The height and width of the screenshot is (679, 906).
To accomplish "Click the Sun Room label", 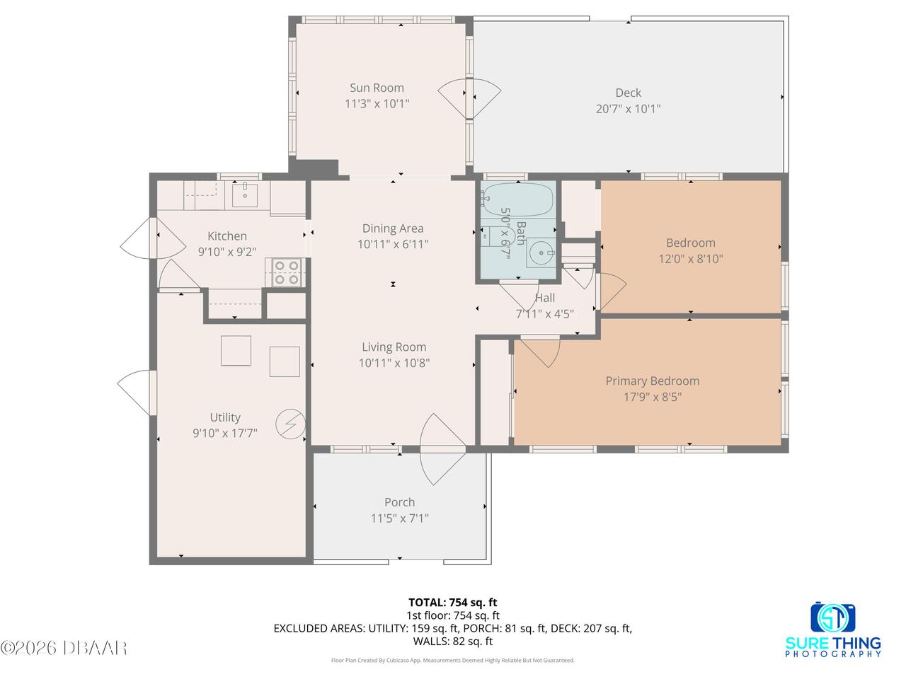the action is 377,88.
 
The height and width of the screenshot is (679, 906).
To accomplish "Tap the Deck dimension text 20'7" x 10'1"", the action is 628,109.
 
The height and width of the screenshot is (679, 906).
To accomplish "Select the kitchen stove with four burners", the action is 287,272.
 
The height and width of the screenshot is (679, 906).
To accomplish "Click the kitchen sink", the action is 244,195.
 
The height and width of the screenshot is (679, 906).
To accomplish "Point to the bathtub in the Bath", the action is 517,199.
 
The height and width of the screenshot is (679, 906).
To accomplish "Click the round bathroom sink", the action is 541,253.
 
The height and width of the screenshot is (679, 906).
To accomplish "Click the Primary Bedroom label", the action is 652,381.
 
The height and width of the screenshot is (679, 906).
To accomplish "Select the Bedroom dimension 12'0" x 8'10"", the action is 691,259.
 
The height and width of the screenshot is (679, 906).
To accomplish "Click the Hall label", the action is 545,298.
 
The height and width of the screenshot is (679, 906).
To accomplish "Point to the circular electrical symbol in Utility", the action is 291,424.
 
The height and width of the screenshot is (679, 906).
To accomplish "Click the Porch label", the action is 399,502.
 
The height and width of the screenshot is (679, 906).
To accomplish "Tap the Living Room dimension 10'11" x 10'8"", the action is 394,363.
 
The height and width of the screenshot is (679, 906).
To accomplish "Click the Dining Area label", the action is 393,228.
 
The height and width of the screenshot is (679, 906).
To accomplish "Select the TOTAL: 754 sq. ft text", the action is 453,603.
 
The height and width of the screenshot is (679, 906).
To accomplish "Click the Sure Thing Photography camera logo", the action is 832,617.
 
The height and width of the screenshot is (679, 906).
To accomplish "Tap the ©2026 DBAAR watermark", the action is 63,648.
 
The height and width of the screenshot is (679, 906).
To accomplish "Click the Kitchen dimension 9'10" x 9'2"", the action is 227,252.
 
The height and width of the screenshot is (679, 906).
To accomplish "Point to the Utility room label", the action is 225,417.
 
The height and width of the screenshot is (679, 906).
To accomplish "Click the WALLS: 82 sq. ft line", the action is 453,641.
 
